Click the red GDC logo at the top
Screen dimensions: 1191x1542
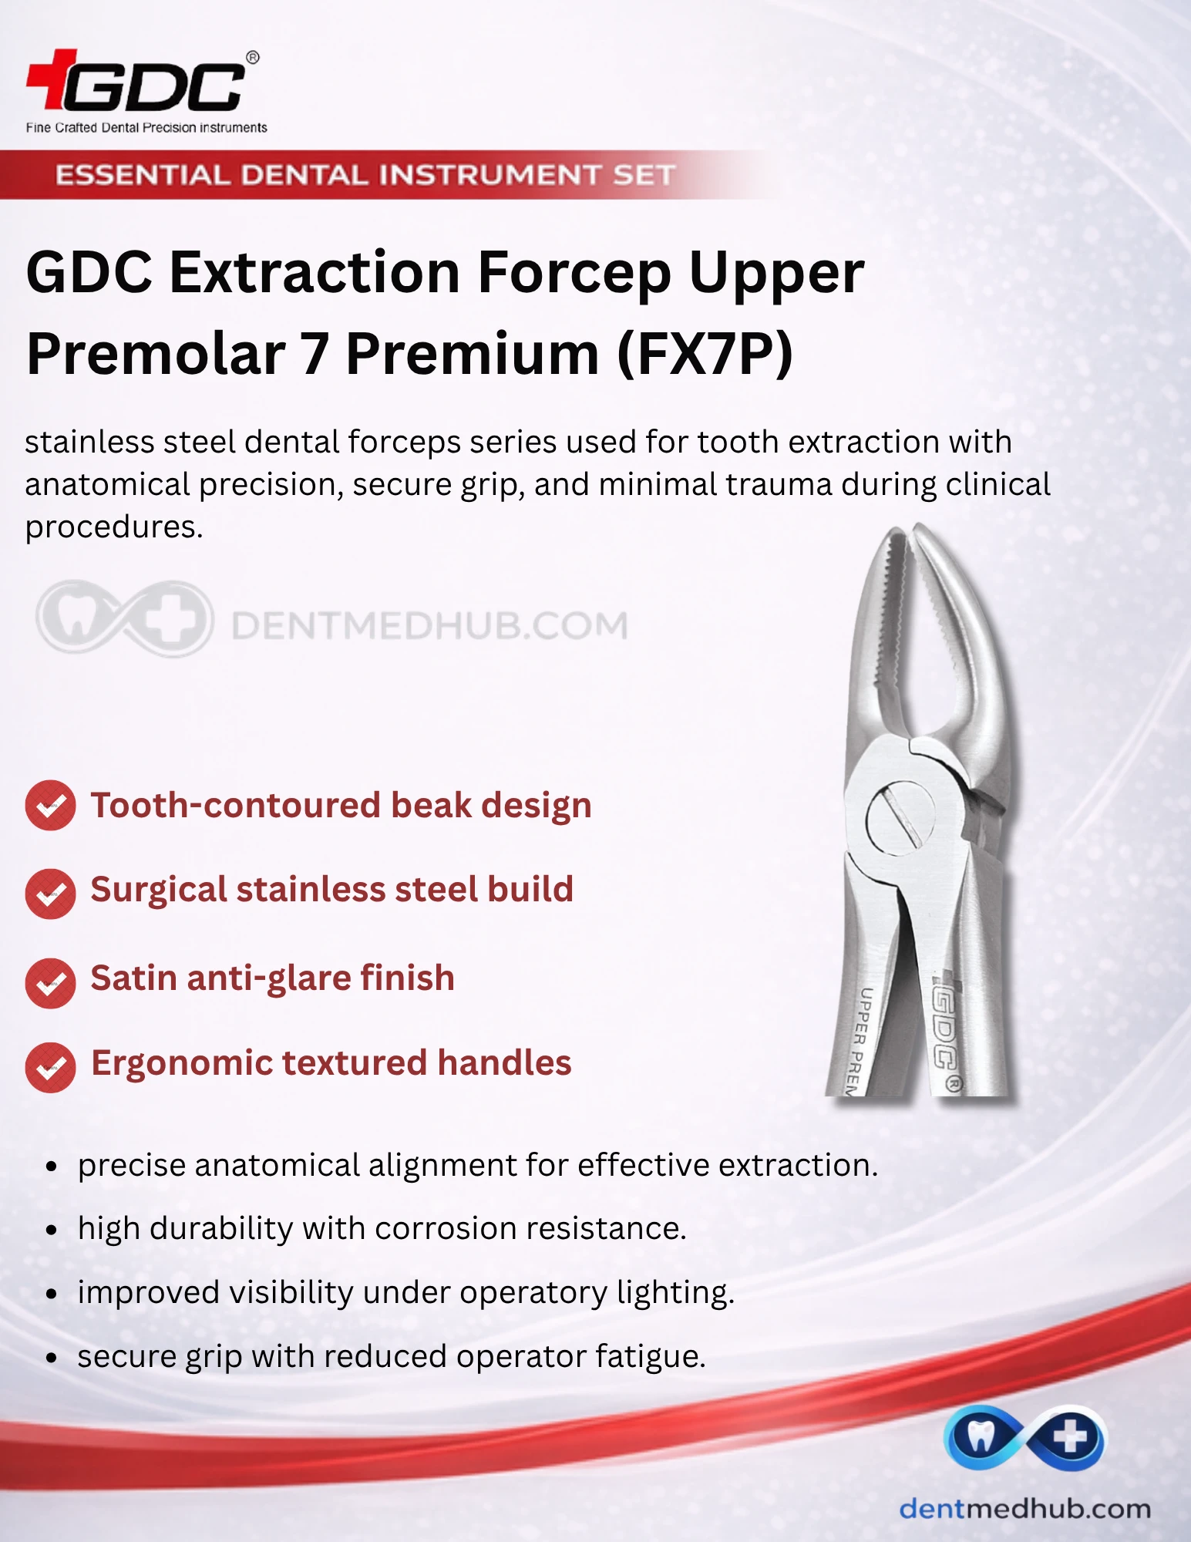(x=139, y=81)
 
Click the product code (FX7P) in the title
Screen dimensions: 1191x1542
(x=705, y=353)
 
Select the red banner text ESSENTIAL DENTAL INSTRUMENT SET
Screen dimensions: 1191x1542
(x=365, y=175)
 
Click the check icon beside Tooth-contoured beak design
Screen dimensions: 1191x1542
(x=50, y=806)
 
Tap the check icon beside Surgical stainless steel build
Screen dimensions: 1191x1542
(x=50, y=894)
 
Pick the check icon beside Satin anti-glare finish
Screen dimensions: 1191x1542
(x=50, y=983)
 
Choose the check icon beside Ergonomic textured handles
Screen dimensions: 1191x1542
(x=50, y=1068)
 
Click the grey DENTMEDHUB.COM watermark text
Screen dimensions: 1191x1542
(x=429, y=625)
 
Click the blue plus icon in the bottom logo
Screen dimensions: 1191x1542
(x=1071, y=1437)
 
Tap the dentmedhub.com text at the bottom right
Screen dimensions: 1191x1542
(x=1024, y=1508)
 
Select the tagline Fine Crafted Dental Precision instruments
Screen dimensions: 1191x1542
(x=146, y=128)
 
